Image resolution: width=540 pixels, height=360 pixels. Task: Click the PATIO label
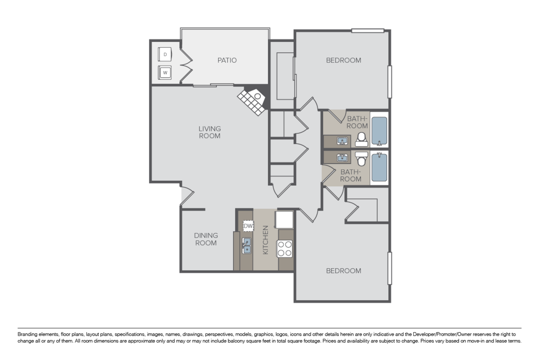pyautogui.click(x=227, y=60)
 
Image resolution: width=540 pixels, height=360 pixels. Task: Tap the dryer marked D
pyautogui.click(x=165, y=54)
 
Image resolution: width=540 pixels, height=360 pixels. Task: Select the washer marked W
pyautogui.click(x=165, y=72)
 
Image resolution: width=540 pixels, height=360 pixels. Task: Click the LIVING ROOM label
pyautogui.click(x=210, y=132)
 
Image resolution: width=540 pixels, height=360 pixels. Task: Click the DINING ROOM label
pyautogui.click(x=206, y=239)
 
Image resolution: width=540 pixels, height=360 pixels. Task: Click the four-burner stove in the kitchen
pyautogui.click(x=284, y=248)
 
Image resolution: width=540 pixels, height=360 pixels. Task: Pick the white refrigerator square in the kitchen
pyautogui.click(x=284, y=220)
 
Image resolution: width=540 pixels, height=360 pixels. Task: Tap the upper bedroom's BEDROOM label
pyautogui.click(x=343, y=60)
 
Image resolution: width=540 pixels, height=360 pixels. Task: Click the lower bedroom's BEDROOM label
pyautogui.click(x=343, y=271)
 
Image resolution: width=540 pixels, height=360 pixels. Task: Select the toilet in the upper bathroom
pyautogui.click(x=361, y=140)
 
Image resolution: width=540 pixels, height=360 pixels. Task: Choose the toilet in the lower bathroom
pyautogui.click(x=361, y=158)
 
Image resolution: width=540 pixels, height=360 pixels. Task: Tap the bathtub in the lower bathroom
pyautogui.click(x=379, y=167)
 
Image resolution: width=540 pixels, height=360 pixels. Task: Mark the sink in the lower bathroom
pyautogui.click(x=342, y=157)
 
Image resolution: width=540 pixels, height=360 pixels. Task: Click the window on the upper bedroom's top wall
pyautogui.click(x=368, y=31)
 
